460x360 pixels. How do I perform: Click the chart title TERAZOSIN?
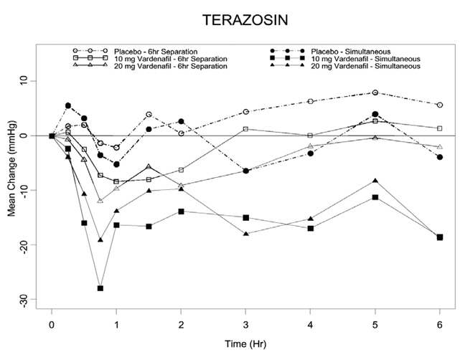[247, 19]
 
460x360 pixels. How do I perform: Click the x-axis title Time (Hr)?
[246, 345]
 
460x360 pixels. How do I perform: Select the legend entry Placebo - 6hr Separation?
[153, 51]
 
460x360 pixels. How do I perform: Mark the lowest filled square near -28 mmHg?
[100, 288]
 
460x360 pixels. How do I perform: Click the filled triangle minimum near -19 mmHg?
[100, 240]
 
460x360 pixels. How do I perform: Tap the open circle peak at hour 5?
[375, 93]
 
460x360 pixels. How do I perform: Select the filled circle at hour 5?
[375, 114]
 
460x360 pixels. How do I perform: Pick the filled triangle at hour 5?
[375, 181]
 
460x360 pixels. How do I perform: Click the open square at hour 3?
[245, 129]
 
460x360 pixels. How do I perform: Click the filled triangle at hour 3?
[245, 234]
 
